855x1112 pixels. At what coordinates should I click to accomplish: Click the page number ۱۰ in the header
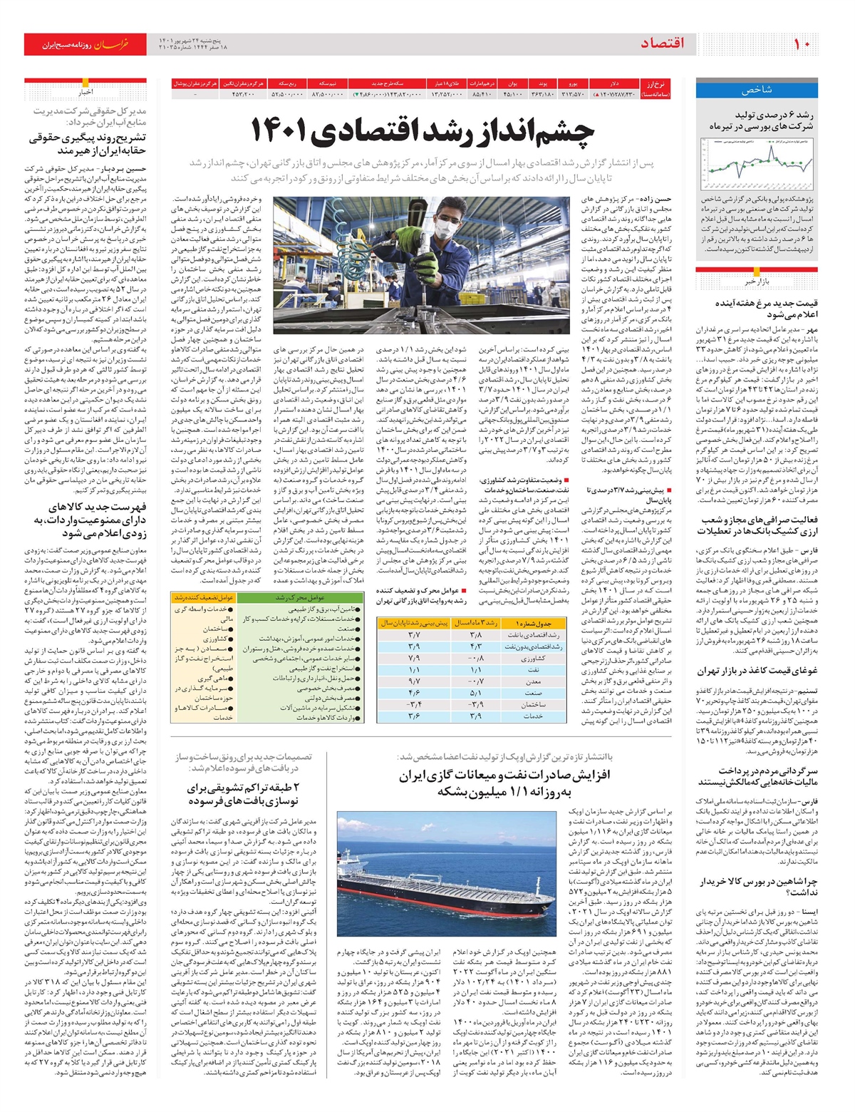802,44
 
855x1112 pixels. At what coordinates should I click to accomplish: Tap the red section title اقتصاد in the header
662,44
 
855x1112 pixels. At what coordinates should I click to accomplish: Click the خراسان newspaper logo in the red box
113,44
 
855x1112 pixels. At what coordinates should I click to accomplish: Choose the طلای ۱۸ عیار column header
448,83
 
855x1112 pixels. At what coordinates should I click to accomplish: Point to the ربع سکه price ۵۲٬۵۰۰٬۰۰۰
287,94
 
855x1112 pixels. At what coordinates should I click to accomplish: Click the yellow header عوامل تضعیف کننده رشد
204,597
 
